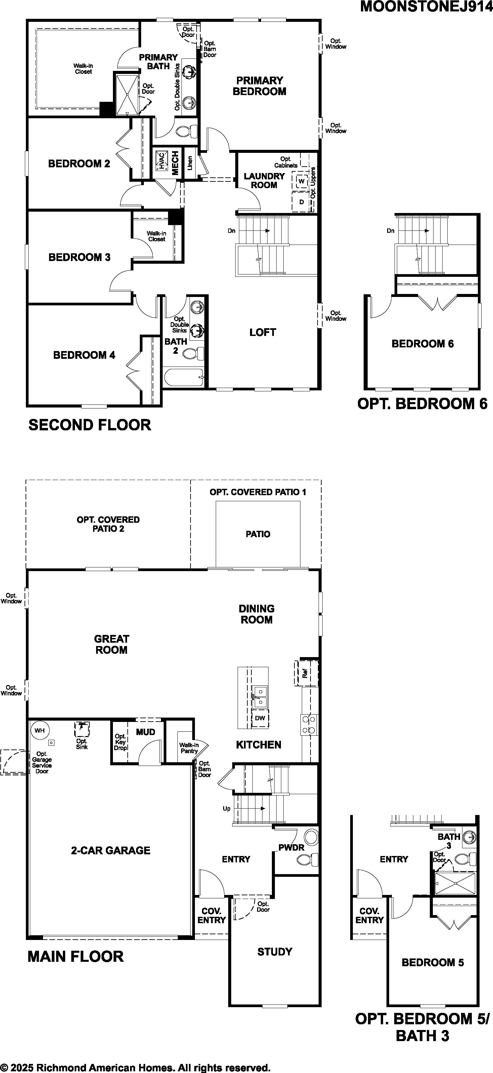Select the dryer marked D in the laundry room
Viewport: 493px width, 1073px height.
301,202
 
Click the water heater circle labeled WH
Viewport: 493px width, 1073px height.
40,730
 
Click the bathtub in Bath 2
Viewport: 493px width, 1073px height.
183,378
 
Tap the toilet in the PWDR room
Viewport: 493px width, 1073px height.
307,859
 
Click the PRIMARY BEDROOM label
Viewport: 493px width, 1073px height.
259,86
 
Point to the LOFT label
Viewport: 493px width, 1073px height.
262,332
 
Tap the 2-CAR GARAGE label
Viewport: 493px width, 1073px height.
111,850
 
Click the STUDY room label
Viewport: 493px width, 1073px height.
275,951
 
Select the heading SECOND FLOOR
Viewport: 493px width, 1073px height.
90,425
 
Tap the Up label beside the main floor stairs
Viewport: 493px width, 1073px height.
226,809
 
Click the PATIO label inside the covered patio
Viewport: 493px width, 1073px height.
258,534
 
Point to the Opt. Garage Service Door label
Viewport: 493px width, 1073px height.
42,762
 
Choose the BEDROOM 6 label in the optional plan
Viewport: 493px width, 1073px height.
422,344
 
